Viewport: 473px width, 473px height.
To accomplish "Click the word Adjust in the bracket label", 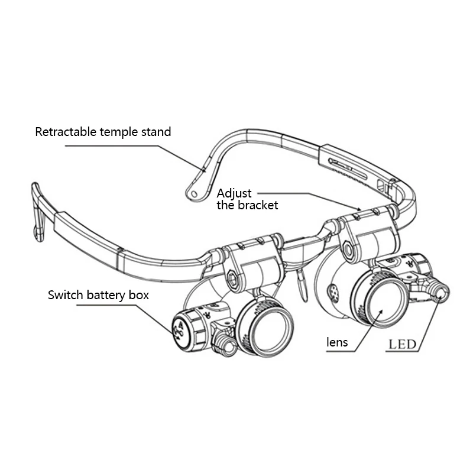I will coord(234,193).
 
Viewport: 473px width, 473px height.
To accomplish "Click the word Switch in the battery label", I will coord(65,295).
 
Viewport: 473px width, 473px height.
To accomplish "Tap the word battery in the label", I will coord(105,295).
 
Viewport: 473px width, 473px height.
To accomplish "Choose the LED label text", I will coord(402,344).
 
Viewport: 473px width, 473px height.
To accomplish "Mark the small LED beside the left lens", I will coord(223,342).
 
